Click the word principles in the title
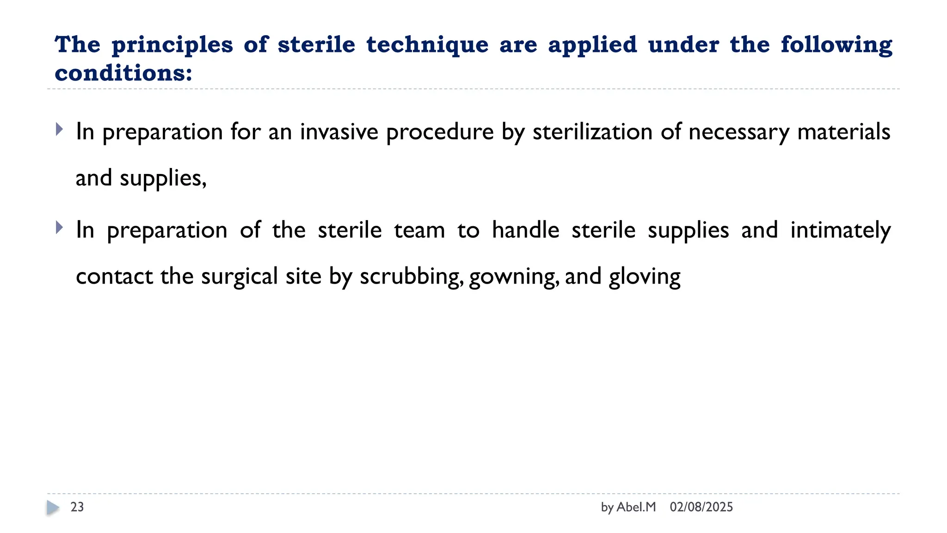(172, 45)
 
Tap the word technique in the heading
(427, 45)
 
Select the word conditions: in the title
(123, 73)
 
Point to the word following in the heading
(836, 45)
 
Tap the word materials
(843, 132)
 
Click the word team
(419, 230)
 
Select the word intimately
(840, 230)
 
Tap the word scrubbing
(412, 276)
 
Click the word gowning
(514, 276)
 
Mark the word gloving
(645, 276)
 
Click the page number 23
(77, 507)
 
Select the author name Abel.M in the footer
(636, 507)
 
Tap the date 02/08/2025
(701, 507)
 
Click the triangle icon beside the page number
(53, 508)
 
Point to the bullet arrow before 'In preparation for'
(59, 129)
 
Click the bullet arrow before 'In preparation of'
(59, 227)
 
